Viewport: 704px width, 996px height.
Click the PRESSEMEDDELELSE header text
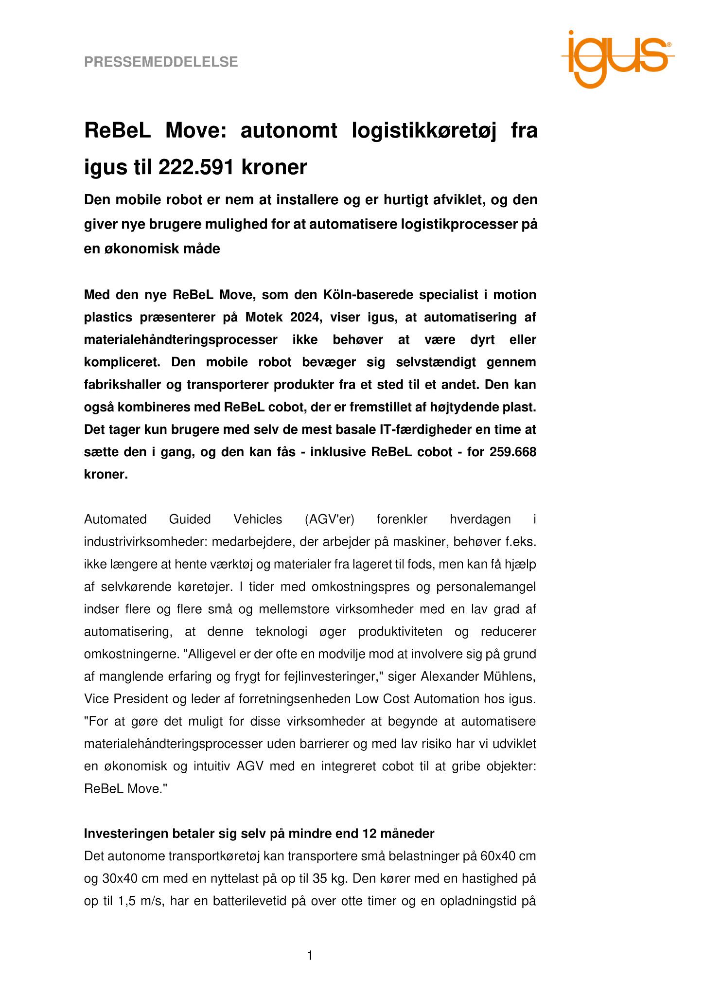click(x=161, y=62)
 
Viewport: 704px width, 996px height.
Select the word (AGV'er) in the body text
click(x=329, y=519)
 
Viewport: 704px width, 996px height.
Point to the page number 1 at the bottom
click(x=310, y=956)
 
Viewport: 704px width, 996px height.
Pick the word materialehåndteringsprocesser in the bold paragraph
click(x=181, y=339)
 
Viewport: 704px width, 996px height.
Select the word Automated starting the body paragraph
click(x=115, y=519)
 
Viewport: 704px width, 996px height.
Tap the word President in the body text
click(x=143, y=699)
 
